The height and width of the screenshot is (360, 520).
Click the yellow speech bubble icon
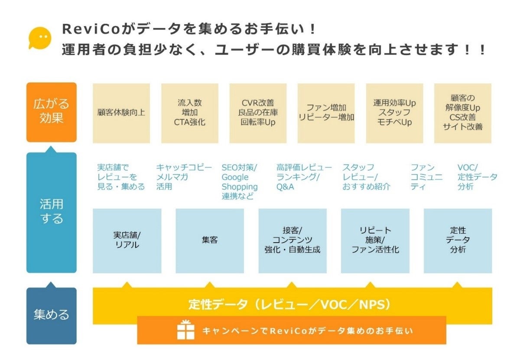(x=40, y=38)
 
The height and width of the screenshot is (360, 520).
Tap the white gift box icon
(x=186, y=330)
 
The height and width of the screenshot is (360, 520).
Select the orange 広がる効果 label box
(x=51, y=112)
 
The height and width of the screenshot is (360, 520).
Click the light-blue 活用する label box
(x=51, y=212)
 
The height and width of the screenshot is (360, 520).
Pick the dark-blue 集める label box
(x=51, y=315)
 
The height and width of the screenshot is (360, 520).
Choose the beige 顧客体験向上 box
(x=121, y=113)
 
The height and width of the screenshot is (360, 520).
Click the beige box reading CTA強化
(x=190, y=113)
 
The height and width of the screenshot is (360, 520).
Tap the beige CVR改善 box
(x=258, y=113)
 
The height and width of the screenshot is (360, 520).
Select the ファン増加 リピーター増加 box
(x=326, y=113)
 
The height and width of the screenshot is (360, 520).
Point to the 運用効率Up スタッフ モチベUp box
(x=394, y=113)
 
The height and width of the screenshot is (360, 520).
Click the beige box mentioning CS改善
(x=463, y=113)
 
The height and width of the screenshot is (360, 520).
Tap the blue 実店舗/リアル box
(x=127, y=240)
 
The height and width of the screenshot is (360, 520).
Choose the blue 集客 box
(x=210, y=240)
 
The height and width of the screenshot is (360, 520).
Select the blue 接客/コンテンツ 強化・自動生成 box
(x=292, y=240)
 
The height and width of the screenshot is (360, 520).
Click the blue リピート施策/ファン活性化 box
(x=375, y=240)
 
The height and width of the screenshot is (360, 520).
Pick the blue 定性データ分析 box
(x=458, y=240)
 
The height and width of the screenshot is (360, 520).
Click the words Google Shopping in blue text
(x=239, y=182)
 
